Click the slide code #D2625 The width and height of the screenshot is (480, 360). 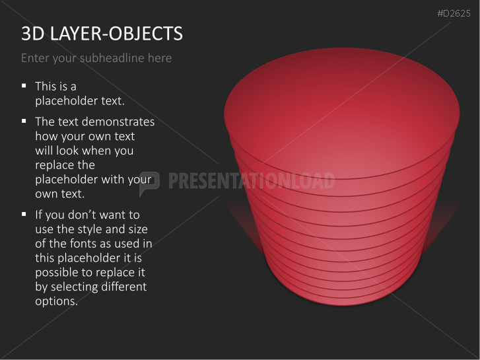tap(455, 13)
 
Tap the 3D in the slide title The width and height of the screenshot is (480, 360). tap(31, 34)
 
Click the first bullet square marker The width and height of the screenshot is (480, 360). tap(24, 85)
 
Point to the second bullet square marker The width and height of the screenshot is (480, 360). tap(24, 121)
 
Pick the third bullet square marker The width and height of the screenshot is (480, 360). tap(24, 214)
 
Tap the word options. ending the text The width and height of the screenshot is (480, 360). tap(56, 301)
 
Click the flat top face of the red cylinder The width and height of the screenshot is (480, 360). tap(341, 112)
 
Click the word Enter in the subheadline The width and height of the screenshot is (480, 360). tap(35, 58)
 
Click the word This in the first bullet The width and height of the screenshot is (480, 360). tap(46, 86)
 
